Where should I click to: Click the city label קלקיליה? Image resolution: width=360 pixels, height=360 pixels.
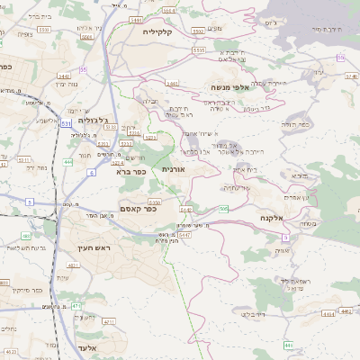coord(163,31)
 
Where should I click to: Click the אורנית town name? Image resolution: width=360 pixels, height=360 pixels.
coord(174,168)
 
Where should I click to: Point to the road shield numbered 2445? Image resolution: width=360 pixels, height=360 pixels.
coord(171,84)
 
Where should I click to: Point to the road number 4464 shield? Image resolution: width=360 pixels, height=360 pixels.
coord(328,313)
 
